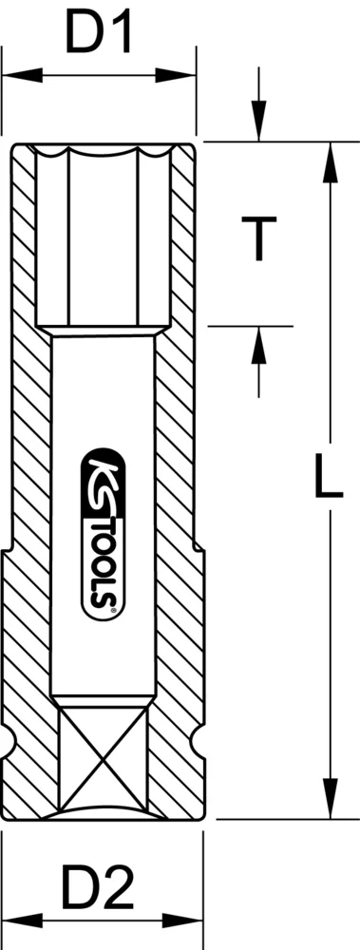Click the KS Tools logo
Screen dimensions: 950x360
coord(102,533)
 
